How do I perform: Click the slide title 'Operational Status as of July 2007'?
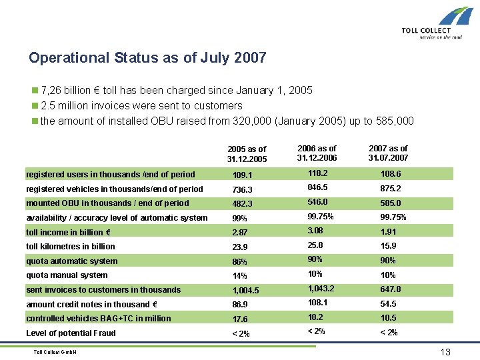[x=147, y=58]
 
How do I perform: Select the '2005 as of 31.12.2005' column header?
[x=246, y=154]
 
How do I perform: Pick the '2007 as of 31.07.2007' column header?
[x=387, y=153]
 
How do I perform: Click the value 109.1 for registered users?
[x=242, y=175]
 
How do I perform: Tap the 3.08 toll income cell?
[x=316, y=231]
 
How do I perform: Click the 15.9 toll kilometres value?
[x=389, y=247]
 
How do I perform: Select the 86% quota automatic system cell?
[x=239, y=262]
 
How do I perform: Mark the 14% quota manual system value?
[x=239, y=276]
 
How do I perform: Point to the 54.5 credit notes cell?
[x=389, y=303]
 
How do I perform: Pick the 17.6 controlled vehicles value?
[x=240, y=319]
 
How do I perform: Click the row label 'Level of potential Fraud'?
[x=71, y=333]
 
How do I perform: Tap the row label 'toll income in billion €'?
[x=68, y=232]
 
